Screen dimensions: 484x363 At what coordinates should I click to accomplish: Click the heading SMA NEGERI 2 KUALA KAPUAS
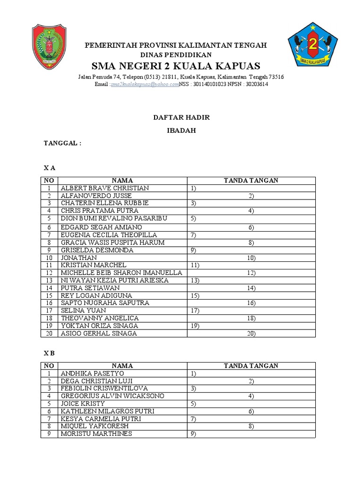click(175, 65)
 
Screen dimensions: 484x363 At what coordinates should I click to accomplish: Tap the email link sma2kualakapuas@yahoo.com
click(145, 84)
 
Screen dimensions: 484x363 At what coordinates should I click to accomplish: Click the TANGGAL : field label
click(63, 143)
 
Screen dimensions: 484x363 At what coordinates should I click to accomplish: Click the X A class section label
click(50, 168)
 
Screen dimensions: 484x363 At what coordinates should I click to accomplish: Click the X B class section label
click(50, 353)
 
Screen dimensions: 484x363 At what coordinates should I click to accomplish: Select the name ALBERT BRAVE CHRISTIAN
click(104, 188)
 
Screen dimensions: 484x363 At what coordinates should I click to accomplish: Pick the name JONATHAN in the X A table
click(78, 258)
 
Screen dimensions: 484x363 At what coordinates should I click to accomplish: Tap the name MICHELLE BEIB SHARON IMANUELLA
click(121, 273)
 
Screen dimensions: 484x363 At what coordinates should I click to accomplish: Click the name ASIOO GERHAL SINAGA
click(98, 333)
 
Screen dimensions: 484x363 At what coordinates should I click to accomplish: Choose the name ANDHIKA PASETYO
click(92, 373)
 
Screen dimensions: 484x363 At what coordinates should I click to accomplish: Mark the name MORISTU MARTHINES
click(96, 434)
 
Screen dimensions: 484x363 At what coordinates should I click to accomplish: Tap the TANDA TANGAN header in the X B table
click(251, 366)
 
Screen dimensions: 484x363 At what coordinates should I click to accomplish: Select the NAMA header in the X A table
click(122, 181)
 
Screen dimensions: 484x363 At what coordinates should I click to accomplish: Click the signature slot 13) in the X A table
click(195, 280)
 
